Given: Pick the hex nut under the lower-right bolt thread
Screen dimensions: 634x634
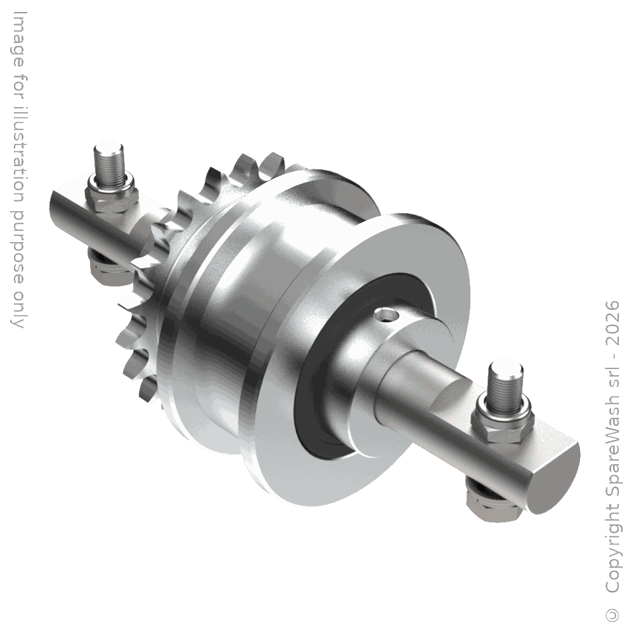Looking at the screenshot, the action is click(503, 424).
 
